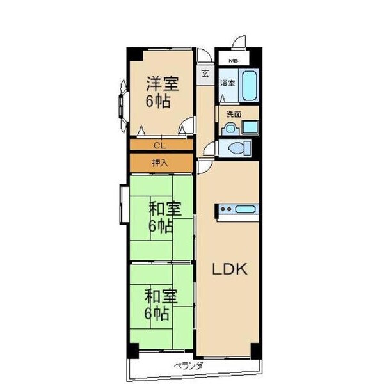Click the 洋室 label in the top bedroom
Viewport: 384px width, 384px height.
click(x=163, y=84)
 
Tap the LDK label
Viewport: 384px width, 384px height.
click(x=230, y=269)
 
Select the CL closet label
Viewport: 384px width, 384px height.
click(x=159, y=146)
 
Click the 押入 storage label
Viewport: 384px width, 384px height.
click(x=160, y=163)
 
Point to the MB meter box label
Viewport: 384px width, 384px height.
click(x=234, y=61)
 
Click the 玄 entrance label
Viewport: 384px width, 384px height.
click(x=205, y=74)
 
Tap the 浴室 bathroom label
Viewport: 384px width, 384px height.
click(x=228, y=83)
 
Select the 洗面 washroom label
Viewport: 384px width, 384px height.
click(x=234, y=115)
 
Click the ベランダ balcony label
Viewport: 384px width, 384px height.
click(x=188, y=366)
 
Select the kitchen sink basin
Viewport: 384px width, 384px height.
click(x=245, y=210)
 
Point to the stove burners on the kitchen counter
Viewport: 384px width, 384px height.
click(x=226, y=209)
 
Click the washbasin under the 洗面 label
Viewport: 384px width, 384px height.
click(x=230, y=129)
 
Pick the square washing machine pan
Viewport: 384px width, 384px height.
click(x=250, y=127)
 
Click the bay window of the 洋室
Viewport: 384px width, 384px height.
click(x=123, y=107)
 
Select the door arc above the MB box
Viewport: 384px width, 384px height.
click(x=239, y=42)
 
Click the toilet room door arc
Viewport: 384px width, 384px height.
click(x=209, y=149)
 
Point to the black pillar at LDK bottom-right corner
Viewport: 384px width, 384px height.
click(x=255, y=351)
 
